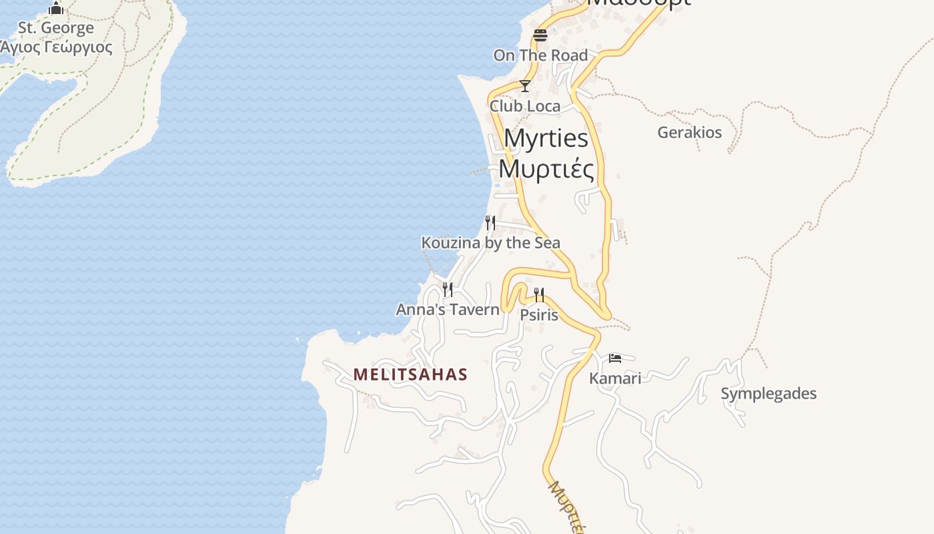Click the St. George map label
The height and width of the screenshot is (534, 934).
click(x=56, y=28)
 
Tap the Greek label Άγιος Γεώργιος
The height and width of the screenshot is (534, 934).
click(x=56, y=47)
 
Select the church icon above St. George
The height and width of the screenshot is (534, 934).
click(x=56, y=8)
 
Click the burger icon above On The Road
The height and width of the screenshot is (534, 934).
click(x=540, y=35)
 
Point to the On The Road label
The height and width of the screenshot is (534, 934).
click(x=540, y=55)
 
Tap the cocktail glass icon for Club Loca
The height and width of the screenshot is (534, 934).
click(x=525, y=86)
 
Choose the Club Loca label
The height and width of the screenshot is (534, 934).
click(x=525, y=106)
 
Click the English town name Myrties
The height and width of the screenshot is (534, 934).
click(x=546, y=138)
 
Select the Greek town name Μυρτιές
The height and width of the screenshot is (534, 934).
click(x=546, y=169)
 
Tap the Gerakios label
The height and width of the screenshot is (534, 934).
click(x=689, y=132)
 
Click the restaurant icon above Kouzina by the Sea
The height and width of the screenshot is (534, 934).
click(x=490, y=222)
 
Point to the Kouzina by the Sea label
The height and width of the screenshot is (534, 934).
click(x=490, y=243)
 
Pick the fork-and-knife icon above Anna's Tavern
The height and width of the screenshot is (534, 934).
click(x=448, y=289)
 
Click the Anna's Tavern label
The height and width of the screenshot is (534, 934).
click(x=448, y=310)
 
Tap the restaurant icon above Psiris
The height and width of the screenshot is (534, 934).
click(x=539, y=294)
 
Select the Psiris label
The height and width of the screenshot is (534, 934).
click(x=539, y=314)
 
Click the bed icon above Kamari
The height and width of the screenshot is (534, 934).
click(x=615, y=358)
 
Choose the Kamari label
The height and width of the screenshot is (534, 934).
click(x=615, y=378)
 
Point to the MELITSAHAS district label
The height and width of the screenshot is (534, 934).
click(x=410, y=374)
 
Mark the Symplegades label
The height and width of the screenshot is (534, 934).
click(x=769, y=394)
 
